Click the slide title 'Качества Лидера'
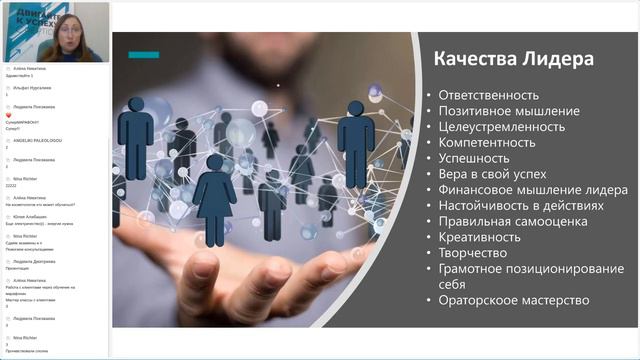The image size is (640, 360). tap(513, 59)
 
